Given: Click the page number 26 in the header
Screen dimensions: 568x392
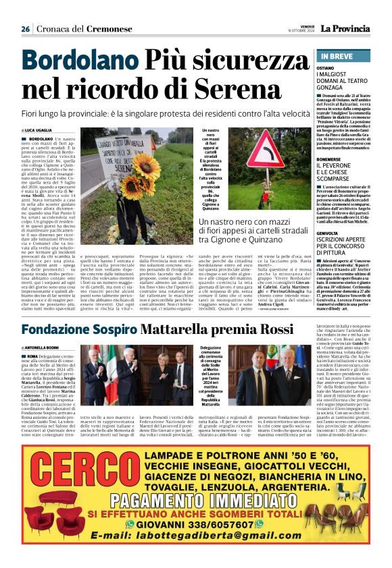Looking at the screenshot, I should click(25, 29).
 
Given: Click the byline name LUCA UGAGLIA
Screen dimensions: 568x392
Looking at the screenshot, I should click(42, 130).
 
